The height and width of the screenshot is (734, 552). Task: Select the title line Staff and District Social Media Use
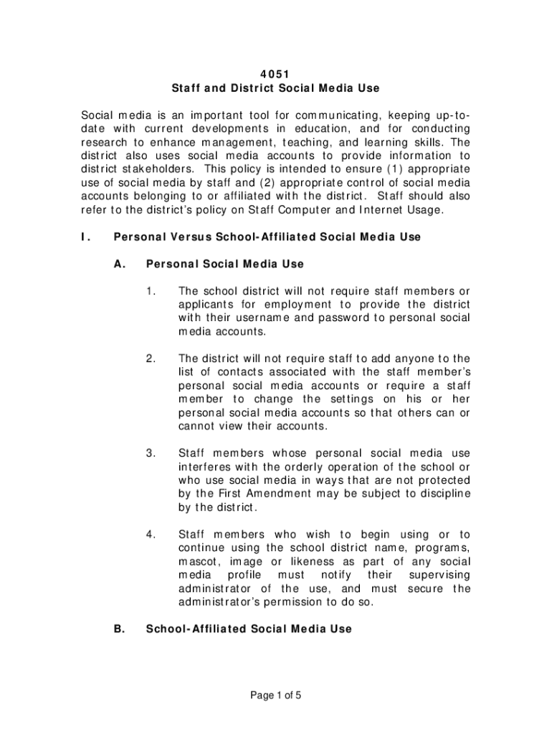click(x=275, y=89)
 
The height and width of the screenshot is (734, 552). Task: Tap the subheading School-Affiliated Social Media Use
click(x=249, y=629)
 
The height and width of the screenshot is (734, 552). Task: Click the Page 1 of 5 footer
click(x=276, y=696)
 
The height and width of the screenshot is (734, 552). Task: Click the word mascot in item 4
click(x=199, y=562)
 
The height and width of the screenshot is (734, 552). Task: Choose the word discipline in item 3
click(x=444, y=495)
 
